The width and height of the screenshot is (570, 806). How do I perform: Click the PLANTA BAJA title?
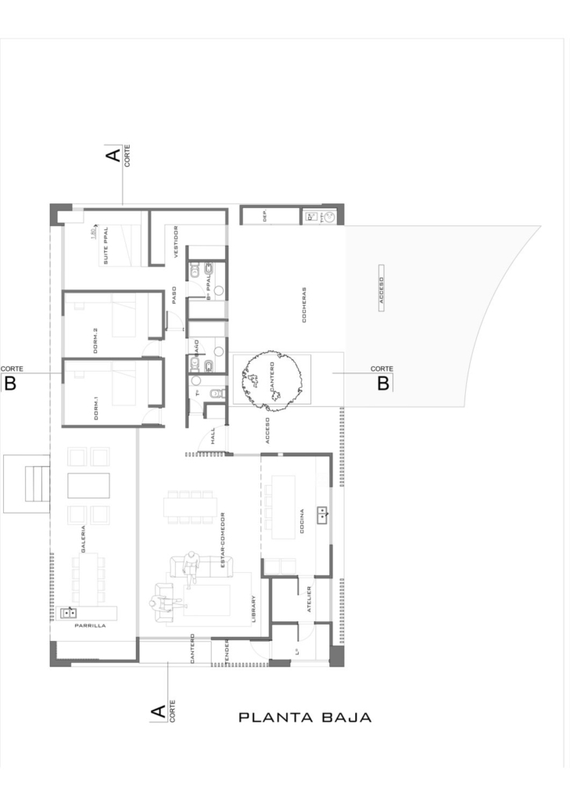pos(304,717)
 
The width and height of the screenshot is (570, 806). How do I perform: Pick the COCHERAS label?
pos(303,305)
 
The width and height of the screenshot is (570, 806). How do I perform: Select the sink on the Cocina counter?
pos(321,514)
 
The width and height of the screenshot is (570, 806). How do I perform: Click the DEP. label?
pos(266,215)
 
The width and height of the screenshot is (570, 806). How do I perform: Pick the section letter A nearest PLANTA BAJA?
pos(158,712)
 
